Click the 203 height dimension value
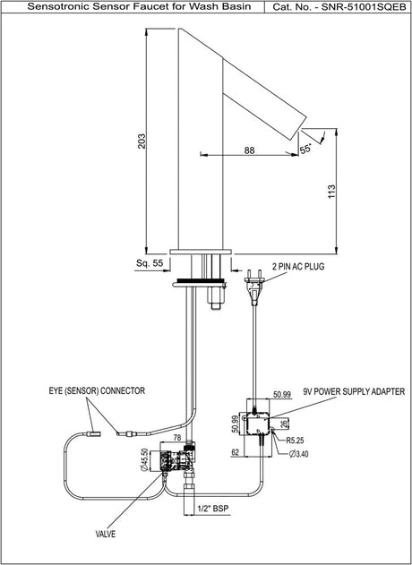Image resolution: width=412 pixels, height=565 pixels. click(142, 141)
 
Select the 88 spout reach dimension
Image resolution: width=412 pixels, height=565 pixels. click(249, 150)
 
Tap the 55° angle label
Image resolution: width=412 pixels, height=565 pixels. click(305, 149)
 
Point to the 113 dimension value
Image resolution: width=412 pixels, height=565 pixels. click(331, 191)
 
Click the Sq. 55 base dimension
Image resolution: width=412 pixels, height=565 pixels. click(150, 263)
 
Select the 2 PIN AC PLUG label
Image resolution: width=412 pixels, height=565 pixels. click(298, 267)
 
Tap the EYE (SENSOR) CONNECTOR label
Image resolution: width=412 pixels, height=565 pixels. click(97, 390)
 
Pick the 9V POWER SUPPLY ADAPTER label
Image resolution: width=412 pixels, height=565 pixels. click(354, 391)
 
